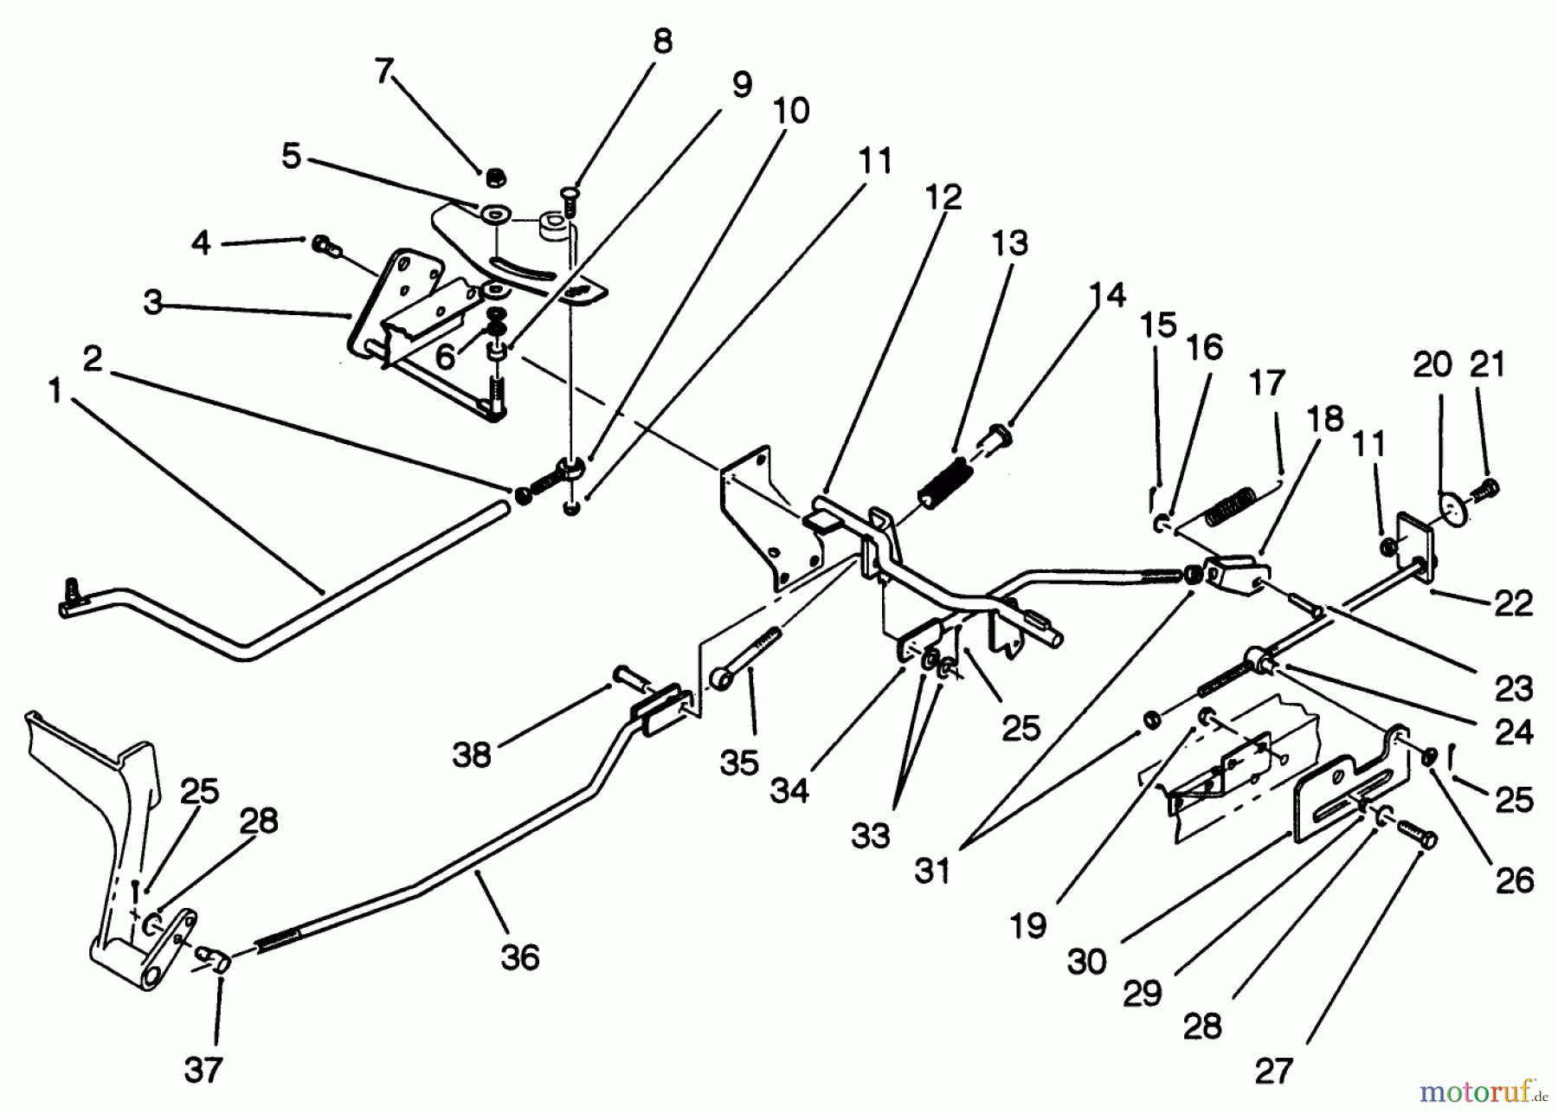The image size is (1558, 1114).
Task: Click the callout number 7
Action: click(383, 72)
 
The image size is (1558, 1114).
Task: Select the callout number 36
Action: click(519, 957)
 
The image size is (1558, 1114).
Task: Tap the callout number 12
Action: click(943, 197)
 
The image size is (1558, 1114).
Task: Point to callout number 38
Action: click(472, 755)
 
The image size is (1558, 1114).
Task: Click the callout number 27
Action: click(1273, 1072)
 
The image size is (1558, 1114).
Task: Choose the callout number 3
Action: click(153, 303)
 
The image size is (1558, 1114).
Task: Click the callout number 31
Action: click(932, 871)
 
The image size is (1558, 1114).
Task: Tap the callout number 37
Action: click(203, 1071)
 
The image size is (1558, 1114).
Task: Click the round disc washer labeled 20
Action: click(1454, 507)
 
